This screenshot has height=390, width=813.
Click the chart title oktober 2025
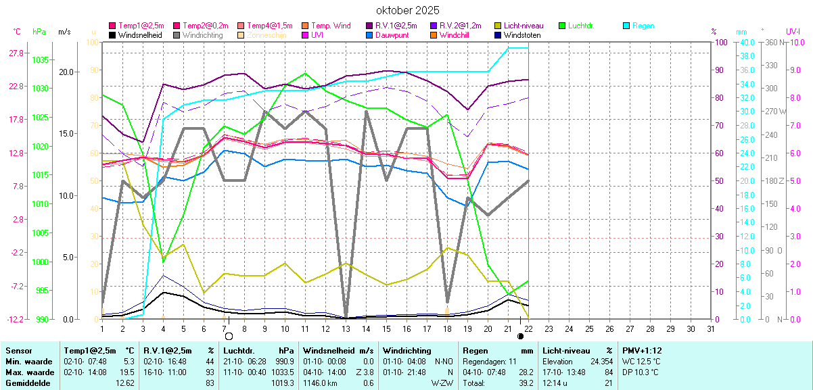(x=407, y=10)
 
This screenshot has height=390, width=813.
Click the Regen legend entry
(x=643, y=26)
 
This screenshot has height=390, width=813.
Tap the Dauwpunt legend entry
(x=392, y=35)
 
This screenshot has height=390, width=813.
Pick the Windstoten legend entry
(x=522, y=35)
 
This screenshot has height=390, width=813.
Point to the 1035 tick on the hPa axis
(x=40, y=59)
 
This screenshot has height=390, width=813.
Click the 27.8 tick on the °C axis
(x=16, y=53)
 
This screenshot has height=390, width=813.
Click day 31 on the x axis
(x=710, y=328)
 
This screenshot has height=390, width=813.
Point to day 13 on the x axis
(x=346, y=328)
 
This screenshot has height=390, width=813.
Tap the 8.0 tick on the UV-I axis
(x=793, y=43)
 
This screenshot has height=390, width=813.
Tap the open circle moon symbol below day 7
(x=229, y=336)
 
